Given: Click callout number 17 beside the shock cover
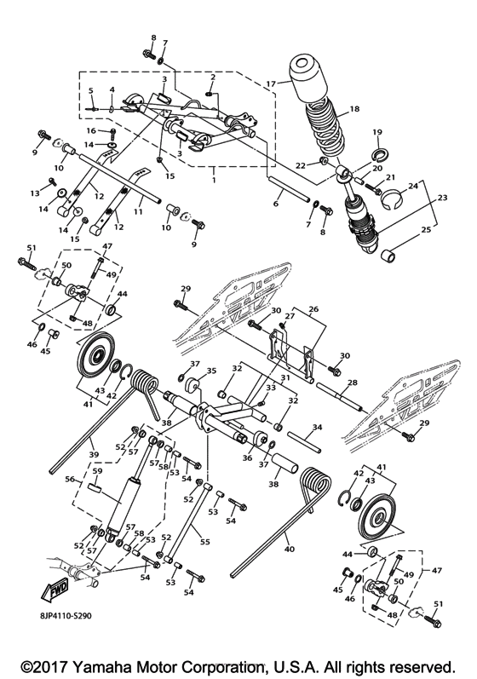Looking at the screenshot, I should [x=270, y=83].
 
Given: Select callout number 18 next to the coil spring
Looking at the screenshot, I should [x=354, y=110].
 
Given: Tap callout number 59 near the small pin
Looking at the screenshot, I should [x=97, y=470].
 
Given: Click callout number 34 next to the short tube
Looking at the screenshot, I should [x=316, y=426].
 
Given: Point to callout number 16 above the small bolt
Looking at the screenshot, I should [x=89, y=131].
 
